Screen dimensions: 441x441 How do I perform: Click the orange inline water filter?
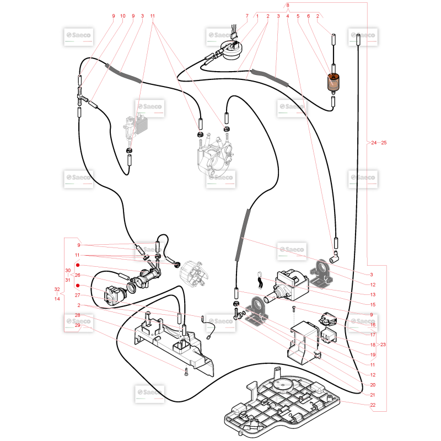click(x=333, y=82)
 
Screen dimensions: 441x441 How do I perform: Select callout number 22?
click(x=373, y=405)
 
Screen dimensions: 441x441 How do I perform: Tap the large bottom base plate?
click(x=281, y=403)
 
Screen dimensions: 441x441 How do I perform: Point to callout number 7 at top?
click(x=247, y=16)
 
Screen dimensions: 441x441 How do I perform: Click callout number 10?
click(x=122, y=16)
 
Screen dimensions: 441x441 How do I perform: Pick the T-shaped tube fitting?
click(x=82, y=96)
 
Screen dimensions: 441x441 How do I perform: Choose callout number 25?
click(x=384, y=143)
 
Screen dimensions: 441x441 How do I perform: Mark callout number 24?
click(x=374, y=143)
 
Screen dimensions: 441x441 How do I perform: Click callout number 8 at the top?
click(x=287, y=6)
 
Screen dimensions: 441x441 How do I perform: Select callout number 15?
click(x=373, y=305)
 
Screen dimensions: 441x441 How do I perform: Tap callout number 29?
click(x=77, y=325)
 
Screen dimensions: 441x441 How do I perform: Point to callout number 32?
click(x=57, y=289)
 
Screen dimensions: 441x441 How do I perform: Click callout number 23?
click(x=383, y=345)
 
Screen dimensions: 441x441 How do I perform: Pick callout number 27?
click(x=77, y=295)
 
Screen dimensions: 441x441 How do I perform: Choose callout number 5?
click(x=298, y=16)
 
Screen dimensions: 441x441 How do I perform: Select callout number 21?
click(x=373, y=395)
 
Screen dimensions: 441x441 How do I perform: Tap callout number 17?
click(x=373, y=335)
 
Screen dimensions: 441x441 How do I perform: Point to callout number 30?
click(x=68, y=270)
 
